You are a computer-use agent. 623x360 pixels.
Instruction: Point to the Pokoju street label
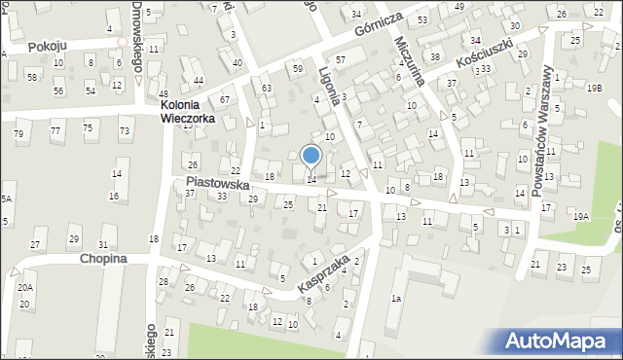click(x=46, y=46)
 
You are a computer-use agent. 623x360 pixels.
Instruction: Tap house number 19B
click(x=594, y=88)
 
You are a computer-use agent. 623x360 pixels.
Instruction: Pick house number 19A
click(x=581, y=216)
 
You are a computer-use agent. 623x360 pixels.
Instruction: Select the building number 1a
click(x=395, y=298)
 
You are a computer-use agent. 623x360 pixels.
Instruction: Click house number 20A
click(x=24, y=287)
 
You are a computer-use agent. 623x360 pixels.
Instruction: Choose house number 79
click(x=18, y=132)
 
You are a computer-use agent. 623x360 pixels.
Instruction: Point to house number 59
click(x=298, y=68)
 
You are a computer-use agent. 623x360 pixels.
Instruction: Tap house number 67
click(x=225, y=100)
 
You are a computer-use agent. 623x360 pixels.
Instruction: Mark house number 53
click(x=422, y=19)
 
